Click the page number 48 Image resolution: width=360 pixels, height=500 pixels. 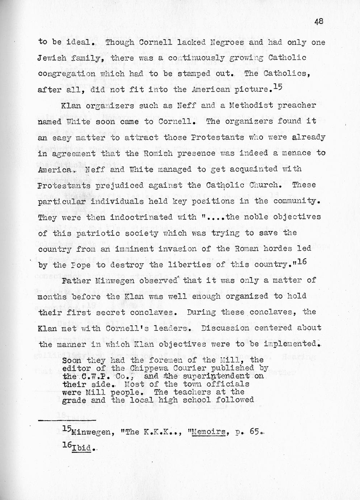click(x=319, y=22)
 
